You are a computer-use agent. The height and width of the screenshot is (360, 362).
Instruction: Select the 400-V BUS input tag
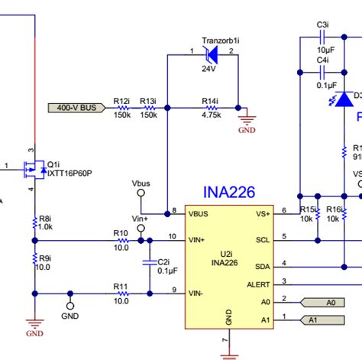click(77, 108)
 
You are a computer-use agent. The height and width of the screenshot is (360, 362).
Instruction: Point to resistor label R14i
click(210, 101)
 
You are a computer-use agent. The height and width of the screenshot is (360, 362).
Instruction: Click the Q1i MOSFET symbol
click(33, 168)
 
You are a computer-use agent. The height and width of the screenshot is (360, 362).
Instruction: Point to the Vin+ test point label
click(141, 219)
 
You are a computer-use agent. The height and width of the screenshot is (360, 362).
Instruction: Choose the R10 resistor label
click(120, 233)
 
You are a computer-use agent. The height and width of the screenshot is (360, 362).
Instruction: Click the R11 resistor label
click(120, 285)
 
